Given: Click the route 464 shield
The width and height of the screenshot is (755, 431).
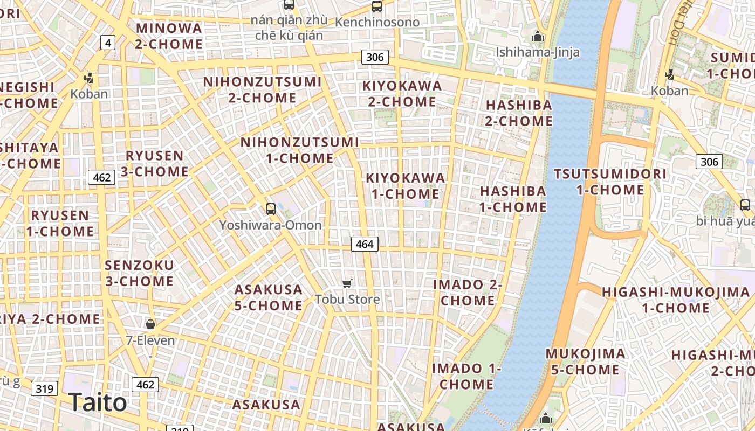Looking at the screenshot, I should tap(365, 244).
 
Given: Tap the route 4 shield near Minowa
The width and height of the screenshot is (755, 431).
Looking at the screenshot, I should tap(108, 43).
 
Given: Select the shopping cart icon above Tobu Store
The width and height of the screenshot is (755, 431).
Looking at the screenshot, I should tap(347, 283).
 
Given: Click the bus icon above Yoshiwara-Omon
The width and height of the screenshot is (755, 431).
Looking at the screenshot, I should tap(271, 208).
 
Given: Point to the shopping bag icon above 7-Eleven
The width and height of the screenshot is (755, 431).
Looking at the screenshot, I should tap(150, 324).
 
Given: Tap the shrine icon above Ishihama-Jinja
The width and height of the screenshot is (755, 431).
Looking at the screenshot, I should tap(537, 37).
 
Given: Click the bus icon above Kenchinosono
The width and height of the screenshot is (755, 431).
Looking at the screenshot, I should tap(377, 6).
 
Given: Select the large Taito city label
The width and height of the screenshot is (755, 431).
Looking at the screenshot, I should tap(98, 402).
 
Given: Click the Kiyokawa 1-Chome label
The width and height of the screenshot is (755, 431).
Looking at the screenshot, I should tap(406, 185).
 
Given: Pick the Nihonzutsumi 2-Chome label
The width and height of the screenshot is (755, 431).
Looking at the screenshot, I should tap(262, 90).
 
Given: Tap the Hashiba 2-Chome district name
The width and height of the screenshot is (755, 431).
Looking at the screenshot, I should tap(519, 113).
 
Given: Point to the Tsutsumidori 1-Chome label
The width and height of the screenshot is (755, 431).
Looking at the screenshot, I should tap(610, 182).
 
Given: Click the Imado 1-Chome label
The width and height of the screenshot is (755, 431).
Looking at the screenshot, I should tap(466, 376).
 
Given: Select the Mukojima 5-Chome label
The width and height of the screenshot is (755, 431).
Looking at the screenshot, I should tap(586, 362).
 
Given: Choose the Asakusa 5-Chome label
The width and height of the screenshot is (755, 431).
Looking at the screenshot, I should tap(268, 297).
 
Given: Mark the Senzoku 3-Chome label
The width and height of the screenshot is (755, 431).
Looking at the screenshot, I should tap(139, 273).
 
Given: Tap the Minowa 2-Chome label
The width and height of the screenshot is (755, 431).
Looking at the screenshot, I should tap(169, 36).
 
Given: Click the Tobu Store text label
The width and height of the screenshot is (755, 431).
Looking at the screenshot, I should tap(347, 299).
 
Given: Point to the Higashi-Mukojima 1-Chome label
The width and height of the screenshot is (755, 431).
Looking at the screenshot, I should tap(676, 300).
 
